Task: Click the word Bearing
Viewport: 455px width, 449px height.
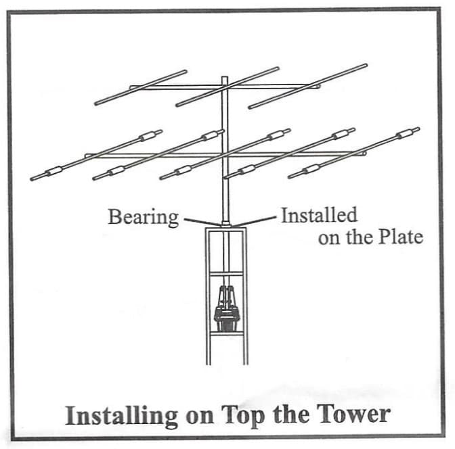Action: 144,217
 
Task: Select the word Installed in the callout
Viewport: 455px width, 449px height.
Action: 319,215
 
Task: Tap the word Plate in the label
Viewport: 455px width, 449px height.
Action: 402,237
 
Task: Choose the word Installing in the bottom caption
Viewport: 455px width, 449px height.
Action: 121,417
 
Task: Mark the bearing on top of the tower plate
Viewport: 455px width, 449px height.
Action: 225,224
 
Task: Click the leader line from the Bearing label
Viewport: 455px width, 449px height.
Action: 202,222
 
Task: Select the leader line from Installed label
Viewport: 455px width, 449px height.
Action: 254,221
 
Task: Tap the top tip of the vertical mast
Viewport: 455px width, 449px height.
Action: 225,76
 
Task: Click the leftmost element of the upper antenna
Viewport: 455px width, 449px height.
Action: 141,87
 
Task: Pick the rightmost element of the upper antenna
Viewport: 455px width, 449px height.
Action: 308,86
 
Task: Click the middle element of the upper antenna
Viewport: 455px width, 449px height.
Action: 227,87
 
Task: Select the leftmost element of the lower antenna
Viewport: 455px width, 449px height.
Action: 96,155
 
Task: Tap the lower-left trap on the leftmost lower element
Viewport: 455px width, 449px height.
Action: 54,171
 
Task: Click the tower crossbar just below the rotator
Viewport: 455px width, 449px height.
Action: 227,333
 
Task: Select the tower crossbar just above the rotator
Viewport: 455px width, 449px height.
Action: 227,274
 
